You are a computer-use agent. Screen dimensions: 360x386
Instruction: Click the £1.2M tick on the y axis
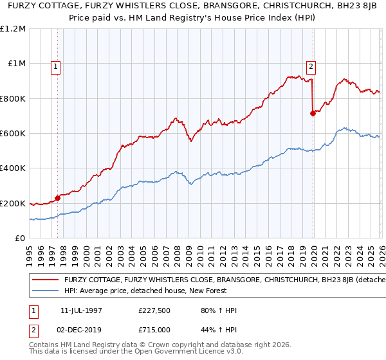click(13, 29)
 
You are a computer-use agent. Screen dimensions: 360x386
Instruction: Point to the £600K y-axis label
click(13, 134)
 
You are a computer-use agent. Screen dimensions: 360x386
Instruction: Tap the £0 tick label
click(20, 239)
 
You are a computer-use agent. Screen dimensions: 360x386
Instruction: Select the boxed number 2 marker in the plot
click(311, 66)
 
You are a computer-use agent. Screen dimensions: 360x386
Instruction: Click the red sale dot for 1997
click(58, 198)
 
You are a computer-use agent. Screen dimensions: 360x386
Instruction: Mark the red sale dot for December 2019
click(313, 113)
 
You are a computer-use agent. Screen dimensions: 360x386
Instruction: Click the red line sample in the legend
click(46, 280)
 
